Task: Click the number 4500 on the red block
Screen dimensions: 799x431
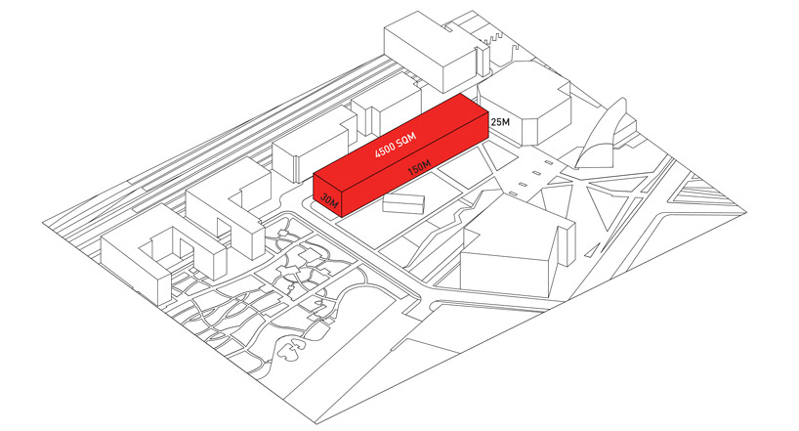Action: (x=384, y=150)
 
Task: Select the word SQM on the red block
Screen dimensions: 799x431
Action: (x=406, y=138)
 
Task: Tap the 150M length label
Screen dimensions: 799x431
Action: (x=419, y=167)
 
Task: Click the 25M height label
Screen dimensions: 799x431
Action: (x=500, y=122)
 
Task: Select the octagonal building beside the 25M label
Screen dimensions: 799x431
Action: (x=525, y=105)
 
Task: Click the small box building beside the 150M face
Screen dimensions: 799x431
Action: (x=402, y=203)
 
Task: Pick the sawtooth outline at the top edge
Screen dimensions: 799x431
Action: (x=493, y=37)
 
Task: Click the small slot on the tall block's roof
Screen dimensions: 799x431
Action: (x=447, y=30)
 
